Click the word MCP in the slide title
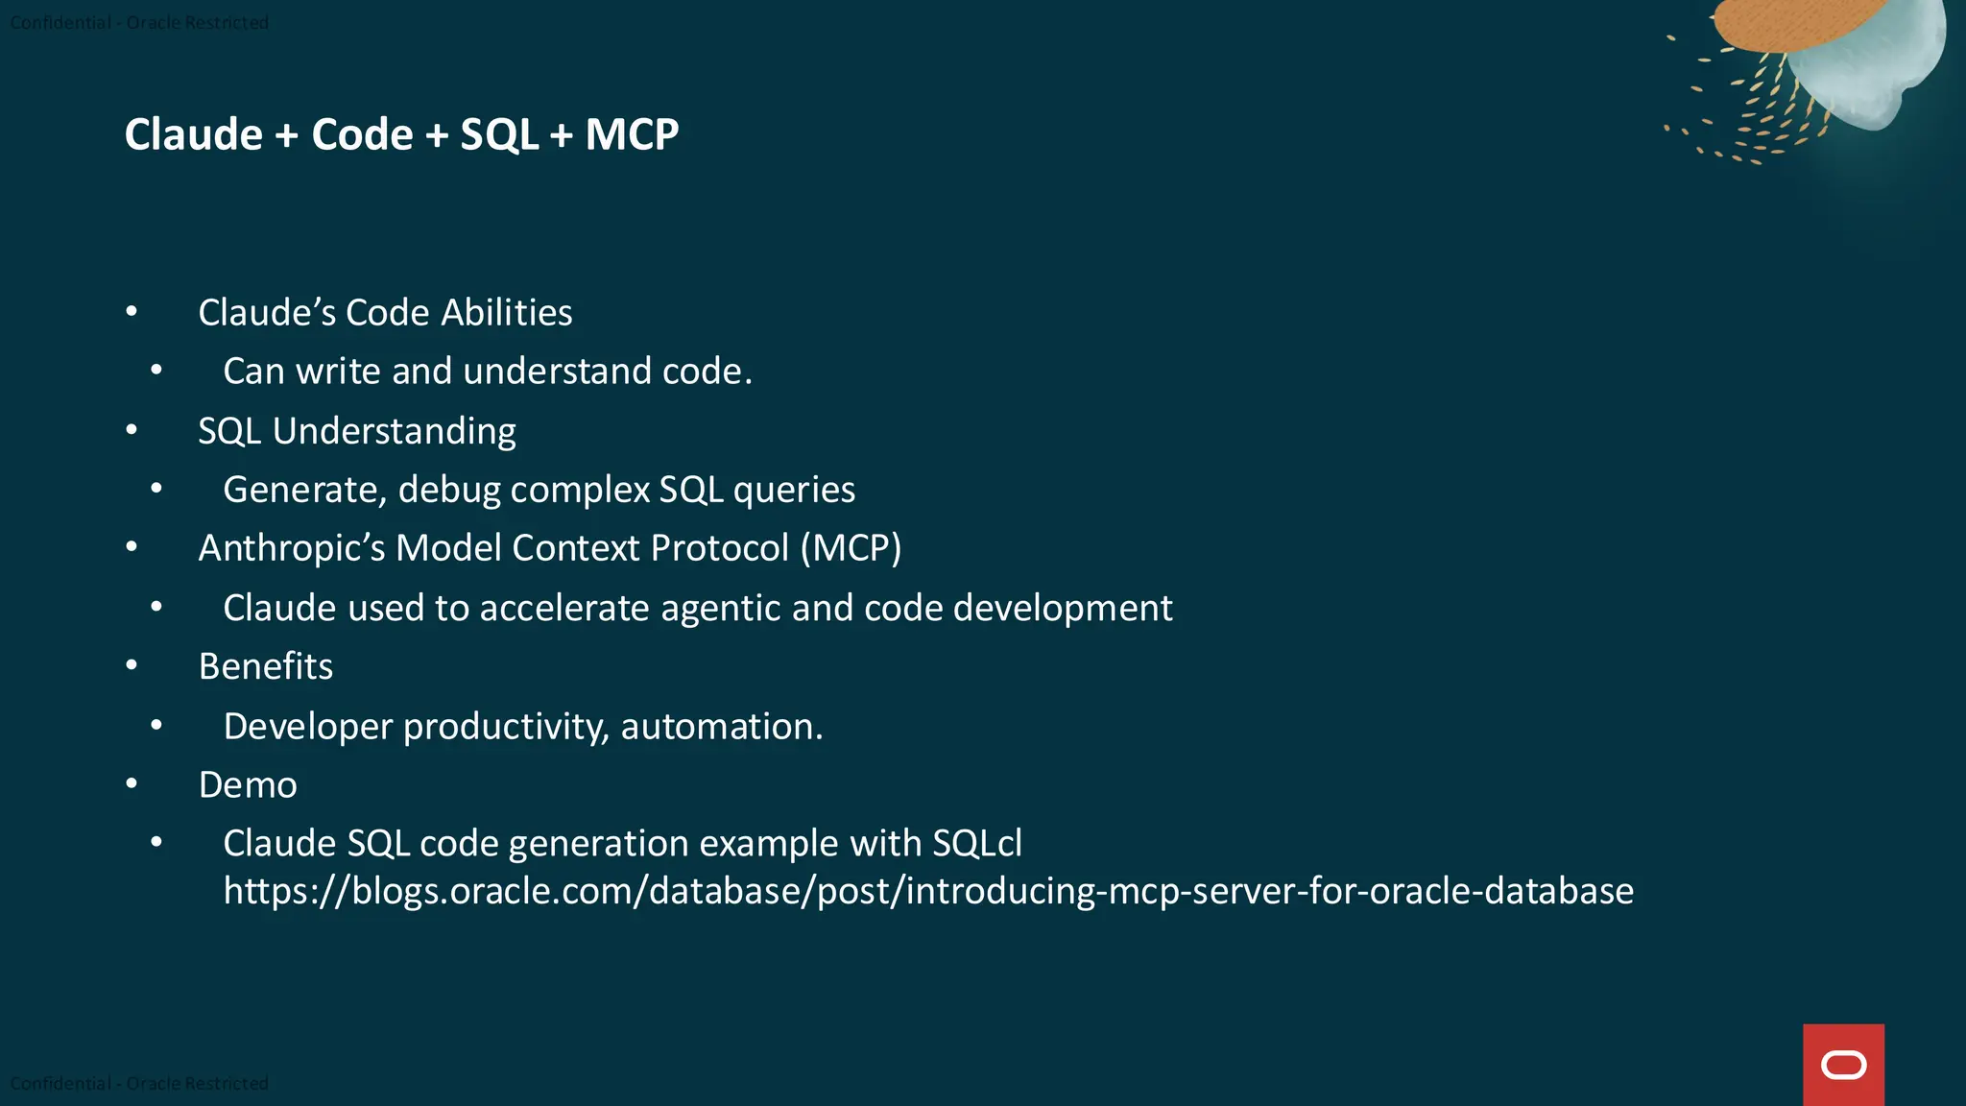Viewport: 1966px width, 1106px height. [632, 134]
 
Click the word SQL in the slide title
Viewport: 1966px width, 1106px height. [499, 134]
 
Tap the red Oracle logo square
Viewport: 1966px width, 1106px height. [1843, 1064]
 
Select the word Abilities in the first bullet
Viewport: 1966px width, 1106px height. [507, 313]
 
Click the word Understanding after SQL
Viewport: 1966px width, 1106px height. [394, 432]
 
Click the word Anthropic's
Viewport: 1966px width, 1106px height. [292, 548]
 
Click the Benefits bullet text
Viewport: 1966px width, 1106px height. [266, 666]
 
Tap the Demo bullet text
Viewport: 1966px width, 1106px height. [248, 785]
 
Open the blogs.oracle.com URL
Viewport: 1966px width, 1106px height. [928, 892]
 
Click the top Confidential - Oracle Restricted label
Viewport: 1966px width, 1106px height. [139, 22]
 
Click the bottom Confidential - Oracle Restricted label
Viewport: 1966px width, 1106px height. [139, 1083]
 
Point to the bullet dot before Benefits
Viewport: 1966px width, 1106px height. [132, 665]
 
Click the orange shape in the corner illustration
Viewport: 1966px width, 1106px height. [1776, 24]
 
